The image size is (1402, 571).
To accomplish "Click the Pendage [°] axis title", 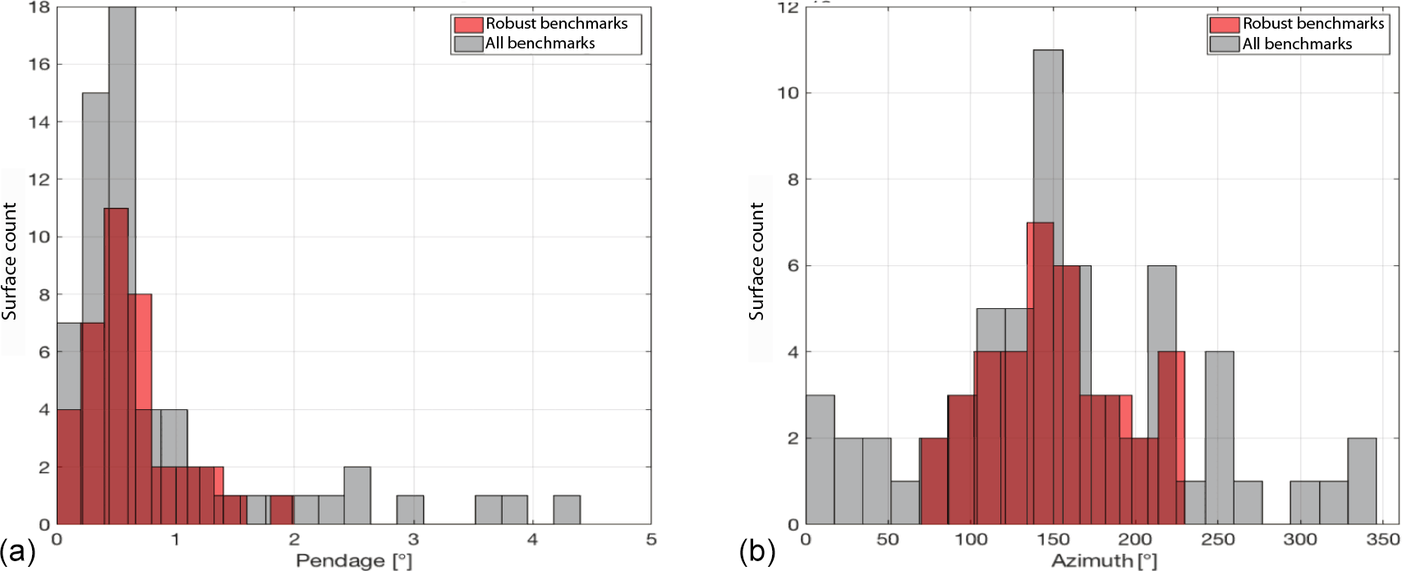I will click(353, 560).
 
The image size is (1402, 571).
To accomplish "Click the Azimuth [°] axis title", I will click(1104, 560).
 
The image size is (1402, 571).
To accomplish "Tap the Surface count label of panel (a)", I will click(10, 262).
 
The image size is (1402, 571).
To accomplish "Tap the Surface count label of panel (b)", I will click(756, 262).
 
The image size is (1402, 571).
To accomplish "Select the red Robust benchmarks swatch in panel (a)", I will click(468, 25).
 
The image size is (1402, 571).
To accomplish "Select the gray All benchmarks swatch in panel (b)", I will click(1224, 44).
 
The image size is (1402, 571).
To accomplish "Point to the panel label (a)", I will click(18, 551).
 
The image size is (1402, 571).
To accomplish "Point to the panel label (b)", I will click(757, 551).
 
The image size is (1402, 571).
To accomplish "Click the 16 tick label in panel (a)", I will click(39, 64).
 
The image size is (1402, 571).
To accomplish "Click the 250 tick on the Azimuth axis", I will click(1218, 539).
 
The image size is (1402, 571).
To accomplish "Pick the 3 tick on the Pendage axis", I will click(413, 539).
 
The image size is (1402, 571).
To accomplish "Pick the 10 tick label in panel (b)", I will click(788, 93).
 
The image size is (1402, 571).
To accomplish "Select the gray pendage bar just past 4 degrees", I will click(567, 510).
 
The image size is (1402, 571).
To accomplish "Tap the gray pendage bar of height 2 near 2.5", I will click(357, 495).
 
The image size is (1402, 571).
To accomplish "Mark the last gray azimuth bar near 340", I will click(1362, 481).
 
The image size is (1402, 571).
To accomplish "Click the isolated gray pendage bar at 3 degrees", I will click(410, 510).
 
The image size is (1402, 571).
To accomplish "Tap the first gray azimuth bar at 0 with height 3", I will click(821, 460).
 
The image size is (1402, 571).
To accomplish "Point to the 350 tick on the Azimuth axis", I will click(1383, 539).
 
